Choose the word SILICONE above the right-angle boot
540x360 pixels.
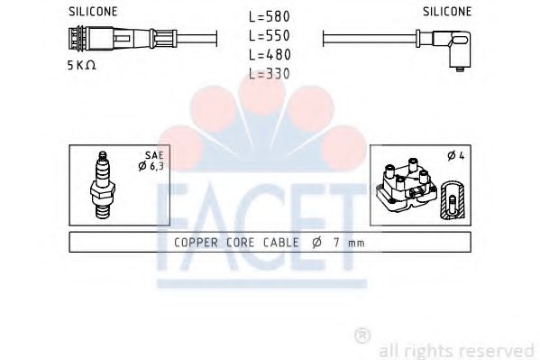(x=446, y=12)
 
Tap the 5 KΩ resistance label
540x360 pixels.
(x=82, y=67)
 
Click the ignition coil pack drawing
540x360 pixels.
(x=402, y=187)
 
